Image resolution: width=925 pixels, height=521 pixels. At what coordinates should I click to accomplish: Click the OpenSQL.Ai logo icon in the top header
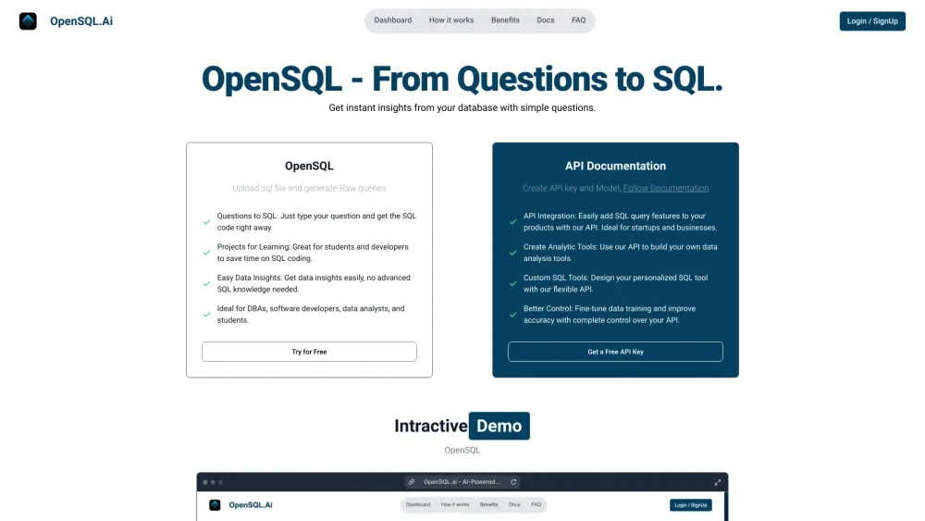[x=28, y=20]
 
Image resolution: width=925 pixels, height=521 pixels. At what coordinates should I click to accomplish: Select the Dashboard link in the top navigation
[x=393, y=20]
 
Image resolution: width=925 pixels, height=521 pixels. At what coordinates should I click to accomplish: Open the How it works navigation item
[x=451, y=20]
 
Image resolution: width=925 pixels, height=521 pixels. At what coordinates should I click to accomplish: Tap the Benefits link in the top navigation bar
[x=505, y=20]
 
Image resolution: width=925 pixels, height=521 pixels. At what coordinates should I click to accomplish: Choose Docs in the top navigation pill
[x=546, y=20]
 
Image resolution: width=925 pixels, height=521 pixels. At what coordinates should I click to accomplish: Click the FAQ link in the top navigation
[x=578, y=20]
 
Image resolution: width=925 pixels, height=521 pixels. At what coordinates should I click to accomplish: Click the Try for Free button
[x=309, y=352]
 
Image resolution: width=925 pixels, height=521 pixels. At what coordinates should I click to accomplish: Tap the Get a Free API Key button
[x=615, y=352]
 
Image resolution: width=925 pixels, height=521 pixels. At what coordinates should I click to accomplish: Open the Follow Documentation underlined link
[x=666, y=188]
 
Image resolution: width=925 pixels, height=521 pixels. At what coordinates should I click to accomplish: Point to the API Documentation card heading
[x=615, y=167]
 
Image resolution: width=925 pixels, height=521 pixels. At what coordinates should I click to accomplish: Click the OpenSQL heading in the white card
[x=309, y=167]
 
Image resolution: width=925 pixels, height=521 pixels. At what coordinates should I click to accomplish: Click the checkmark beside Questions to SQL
[x=207, y=222]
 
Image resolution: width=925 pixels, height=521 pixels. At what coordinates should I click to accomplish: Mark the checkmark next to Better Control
[x=513, y=315]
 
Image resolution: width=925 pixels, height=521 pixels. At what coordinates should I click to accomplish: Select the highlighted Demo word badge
[x=499, y=427]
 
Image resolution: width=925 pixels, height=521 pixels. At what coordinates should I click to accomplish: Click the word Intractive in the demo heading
[x=430, y=427]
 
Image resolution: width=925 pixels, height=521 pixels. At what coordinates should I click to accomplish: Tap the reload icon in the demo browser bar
[x=514, y=482]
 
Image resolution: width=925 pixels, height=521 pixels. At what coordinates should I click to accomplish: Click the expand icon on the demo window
[x=718, y=482]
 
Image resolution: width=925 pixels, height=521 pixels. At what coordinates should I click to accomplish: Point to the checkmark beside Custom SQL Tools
[x=513, y=283]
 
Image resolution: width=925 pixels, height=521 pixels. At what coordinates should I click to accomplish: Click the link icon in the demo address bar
[x=413, y=482]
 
